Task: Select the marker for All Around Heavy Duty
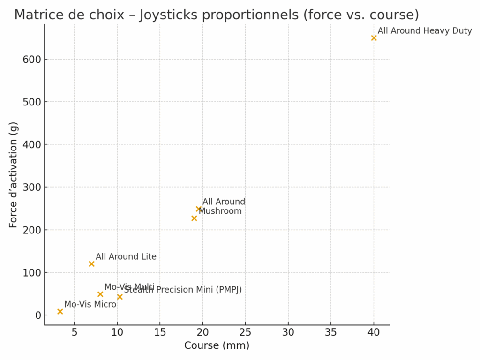[x=374, y=38]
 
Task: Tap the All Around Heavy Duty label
[x=425, y=31]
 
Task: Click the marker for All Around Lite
[x=91, y=264]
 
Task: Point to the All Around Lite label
[x=126, y=257]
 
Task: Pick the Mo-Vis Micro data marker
[x=60, y=312]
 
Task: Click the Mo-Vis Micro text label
[x=90, y=304]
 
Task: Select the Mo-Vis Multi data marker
[x=100, y=294]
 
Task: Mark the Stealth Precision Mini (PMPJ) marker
[x=120, y=297]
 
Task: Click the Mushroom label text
[x=220, y=211]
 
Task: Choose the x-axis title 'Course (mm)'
[x=217, y=346]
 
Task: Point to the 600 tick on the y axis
[x=31, y=60]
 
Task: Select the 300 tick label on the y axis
[x=31, y=187]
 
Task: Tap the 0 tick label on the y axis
[x=37, y=315]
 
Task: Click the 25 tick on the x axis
[x=245, y=332]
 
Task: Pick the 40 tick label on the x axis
[x=374, y=332]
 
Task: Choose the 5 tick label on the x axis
[x=74, y=332]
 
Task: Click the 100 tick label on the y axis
[x=31, y=273]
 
